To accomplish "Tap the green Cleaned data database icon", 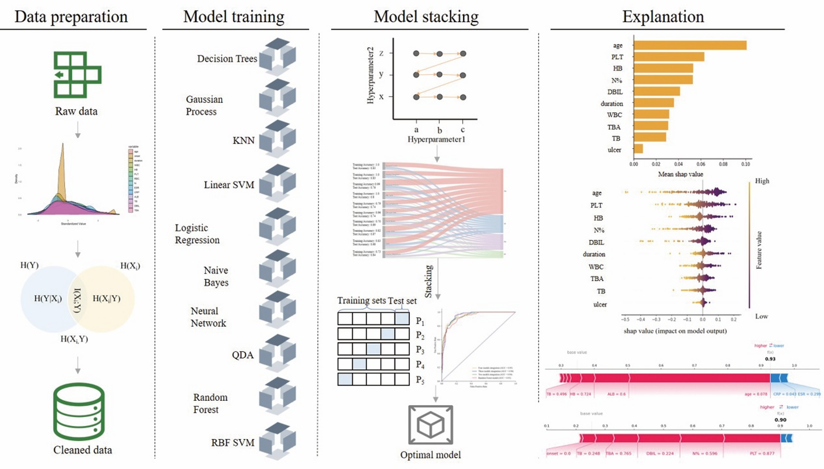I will [79, 411].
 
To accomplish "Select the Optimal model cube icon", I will [430, 425].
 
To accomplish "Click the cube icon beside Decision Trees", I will [277, 57].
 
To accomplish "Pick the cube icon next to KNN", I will [277, 139].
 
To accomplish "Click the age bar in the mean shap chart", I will [690, 45].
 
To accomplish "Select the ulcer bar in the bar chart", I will [638, 149].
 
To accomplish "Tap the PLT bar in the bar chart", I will [669, 57].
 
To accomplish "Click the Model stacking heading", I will [426, 17].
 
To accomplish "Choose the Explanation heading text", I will [663, 17].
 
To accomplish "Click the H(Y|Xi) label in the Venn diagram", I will [48, 299].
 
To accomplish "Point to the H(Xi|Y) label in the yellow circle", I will [106, 299].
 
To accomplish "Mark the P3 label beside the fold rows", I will [420, 350].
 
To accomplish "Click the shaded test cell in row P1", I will [402, 318].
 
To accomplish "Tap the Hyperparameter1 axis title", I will [436, 140].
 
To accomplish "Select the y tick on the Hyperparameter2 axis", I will [381, 74].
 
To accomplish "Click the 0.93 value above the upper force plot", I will [770, 359].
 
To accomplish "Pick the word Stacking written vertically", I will [429, 281].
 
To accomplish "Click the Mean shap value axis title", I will [680, 174].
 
